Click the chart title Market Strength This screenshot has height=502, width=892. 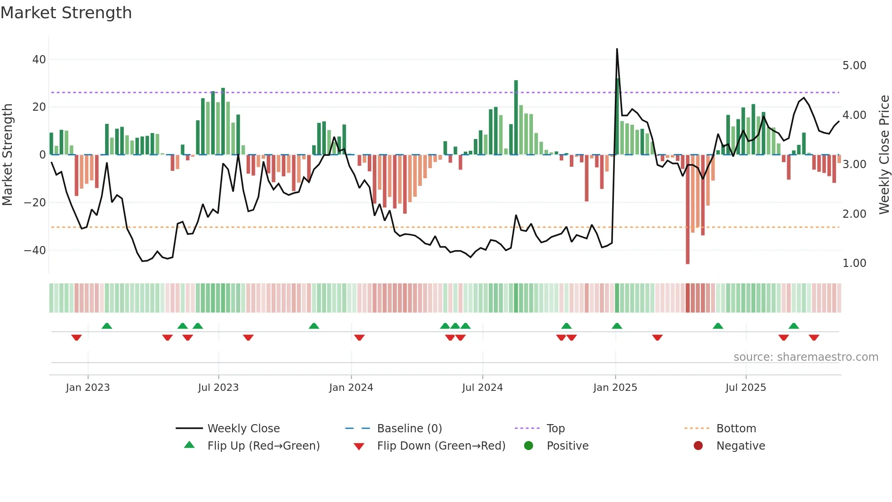point(66,13)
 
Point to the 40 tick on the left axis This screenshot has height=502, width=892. point(39,59)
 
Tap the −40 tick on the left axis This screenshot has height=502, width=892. point(35,250)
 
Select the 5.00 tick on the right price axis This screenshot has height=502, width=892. point(854,66)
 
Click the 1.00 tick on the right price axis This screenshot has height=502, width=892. point(854,263)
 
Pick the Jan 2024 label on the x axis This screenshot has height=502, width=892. point(351,388)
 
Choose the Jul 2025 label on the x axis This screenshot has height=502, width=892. point(745,388)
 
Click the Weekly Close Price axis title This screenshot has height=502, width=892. point(884,154)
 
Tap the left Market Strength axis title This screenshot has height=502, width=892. point(8,154)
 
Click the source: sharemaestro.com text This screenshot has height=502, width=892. point(806,357)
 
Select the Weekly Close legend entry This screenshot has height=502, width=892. point(243,429)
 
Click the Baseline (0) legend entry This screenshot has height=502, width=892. point(409,429)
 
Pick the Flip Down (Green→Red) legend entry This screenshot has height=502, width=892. point(441,446)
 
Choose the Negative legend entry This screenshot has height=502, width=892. point(740,446)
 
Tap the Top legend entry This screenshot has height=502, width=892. point(555,429)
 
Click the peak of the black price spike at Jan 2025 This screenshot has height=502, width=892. point(617,49)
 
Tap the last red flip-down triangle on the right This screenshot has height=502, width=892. point(814,338)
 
